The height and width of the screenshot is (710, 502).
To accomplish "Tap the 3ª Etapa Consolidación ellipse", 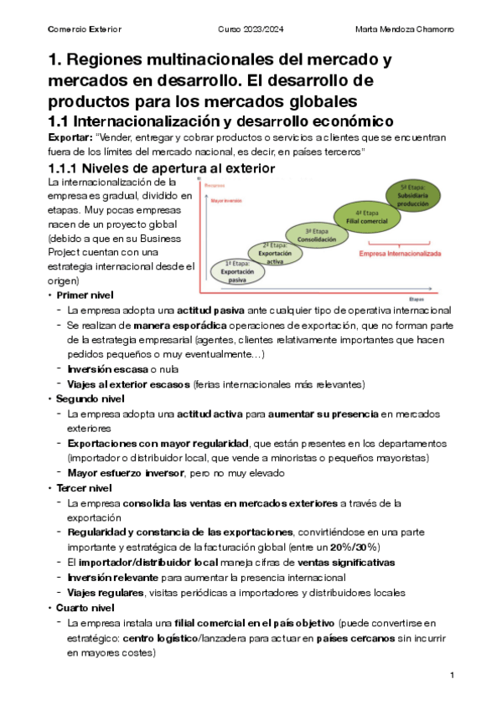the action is (315, 235).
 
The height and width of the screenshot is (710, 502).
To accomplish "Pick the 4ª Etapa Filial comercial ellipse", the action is (360, 218).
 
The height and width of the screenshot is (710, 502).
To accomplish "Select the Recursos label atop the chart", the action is (215, 185).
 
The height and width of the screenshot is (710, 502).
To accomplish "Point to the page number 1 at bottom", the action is (451, 676).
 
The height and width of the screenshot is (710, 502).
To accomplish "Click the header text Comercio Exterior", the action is (85, 30).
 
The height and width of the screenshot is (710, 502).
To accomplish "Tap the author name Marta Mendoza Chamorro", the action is (404, 30).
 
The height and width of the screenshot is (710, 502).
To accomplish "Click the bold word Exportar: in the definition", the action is (70, 137).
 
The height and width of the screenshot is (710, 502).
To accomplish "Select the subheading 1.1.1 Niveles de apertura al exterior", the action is (162, 168).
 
